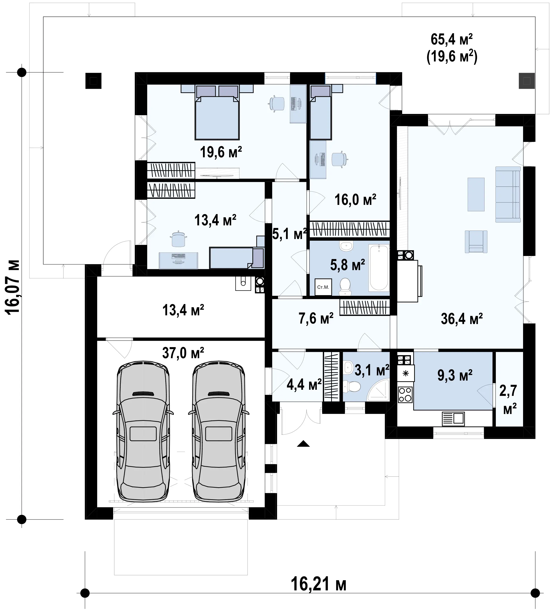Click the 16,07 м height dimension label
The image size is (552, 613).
coord(13,287)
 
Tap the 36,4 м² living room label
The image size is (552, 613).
coord(462,319)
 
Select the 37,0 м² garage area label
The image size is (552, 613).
coord(183,353)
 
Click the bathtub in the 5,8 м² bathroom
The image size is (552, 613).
coord(379,268)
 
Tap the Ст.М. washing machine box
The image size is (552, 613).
coord(323,287)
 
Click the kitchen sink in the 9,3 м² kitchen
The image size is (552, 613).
coord(453,419)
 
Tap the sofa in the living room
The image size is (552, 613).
coord(508,194)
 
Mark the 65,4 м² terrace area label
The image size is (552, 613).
coord(452,40)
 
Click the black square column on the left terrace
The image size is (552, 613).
coord(93,81)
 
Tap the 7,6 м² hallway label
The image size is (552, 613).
coord(316,318)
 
